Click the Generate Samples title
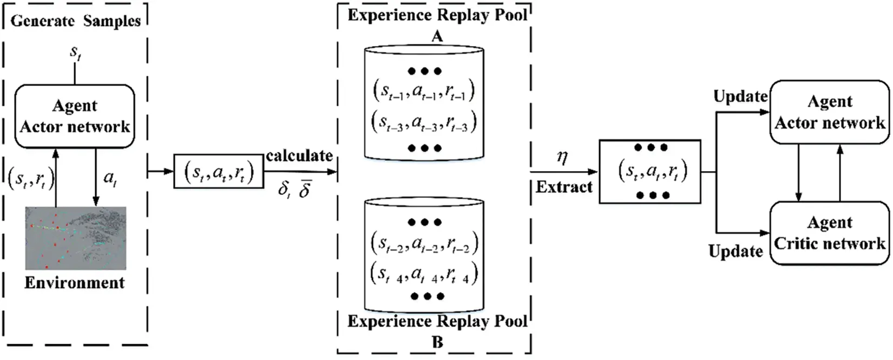click(75, 21)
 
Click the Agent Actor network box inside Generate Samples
click(75, 116)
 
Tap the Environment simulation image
click(76, 238)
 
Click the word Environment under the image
click(75, 283)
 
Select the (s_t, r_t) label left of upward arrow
click(31, 178)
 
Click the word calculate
click(299, 156)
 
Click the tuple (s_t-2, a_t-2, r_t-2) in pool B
click(424, 243)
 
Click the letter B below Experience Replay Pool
click(437, 342)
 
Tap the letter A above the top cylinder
click(437, 36)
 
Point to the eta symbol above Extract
click(562, 158)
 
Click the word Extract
click(564, 187)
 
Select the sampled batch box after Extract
click(650, 172)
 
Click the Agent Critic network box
click(830, 233)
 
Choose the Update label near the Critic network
click(736, 251)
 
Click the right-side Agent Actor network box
click(830, 113)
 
